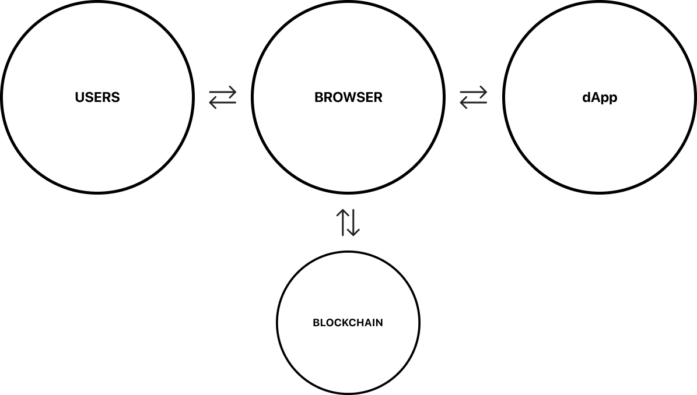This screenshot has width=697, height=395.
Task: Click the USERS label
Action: point(97,97)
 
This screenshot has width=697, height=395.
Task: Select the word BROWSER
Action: point(348,97)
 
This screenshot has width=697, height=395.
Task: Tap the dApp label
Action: point(600,97)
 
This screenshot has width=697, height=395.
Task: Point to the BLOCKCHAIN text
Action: point(348,323)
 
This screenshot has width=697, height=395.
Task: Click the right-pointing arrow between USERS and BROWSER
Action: point(223,91)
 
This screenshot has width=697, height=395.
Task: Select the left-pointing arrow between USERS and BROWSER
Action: point(223,103)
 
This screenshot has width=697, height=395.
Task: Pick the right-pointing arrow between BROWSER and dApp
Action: point(473,91)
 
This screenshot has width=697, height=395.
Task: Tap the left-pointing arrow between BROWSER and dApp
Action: point(473,103)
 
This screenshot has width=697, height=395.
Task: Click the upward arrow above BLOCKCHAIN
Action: point(342,222)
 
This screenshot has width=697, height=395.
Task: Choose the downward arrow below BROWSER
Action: point(354,222)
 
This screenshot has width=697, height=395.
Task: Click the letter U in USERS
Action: point(79,97)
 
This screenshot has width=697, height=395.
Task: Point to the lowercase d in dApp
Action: point(586,97)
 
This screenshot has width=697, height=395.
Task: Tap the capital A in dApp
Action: point(596,97)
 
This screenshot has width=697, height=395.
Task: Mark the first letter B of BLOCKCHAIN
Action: point(316,323)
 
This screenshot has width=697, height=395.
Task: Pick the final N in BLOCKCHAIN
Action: point(379,323)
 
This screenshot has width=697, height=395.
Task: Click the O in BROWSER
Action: point(338,97)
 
